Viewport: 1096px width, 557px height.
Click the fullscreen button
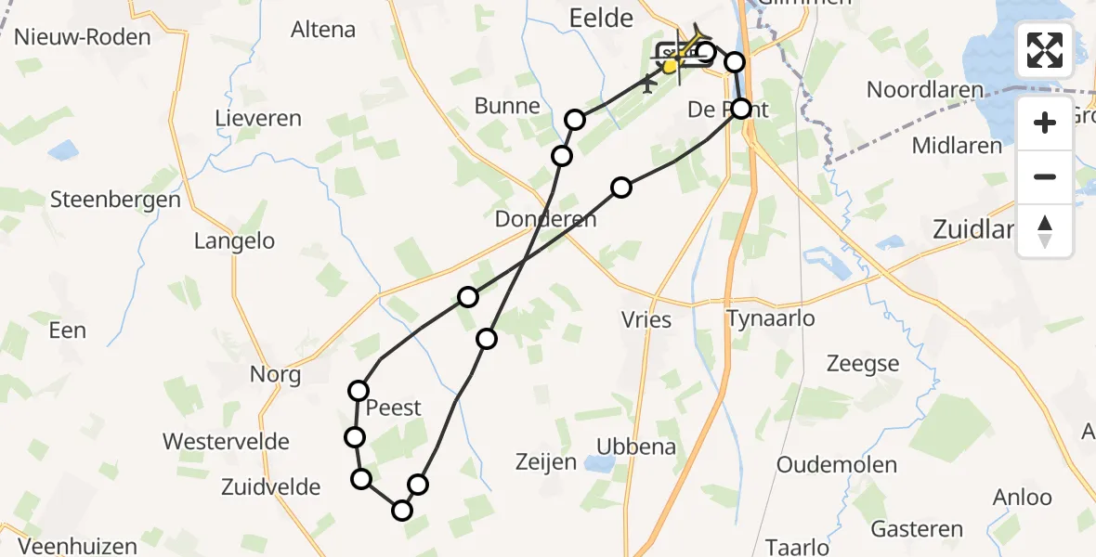1045,49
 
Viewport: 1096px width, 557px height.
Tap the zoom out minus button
1045,176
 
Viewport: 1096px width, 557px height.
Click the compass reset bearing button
1045,229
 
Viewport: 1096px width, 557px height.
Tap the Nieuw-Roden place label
84,38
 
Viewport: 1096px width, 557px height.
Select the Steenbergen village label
115,200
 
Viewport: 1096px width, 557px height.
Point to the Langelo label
234,241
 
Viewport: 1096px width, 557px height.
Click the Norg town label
275,375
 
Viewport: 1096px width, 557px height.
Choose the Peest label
394,408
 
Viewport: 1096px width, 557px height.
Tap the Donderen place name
545,220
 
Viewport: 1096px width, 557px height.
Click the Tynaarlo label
770,319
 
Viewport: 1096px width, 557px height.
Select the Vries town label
646,319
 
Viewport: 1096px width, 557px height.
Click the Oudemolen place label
837,465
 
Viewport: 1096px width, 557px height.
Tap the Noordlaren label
923,90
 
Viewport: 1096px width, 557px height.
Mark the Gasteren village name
917,529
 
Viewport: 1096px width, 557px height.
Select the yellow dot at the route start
670,66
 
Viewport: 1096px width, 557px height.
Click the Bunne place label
507,106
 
